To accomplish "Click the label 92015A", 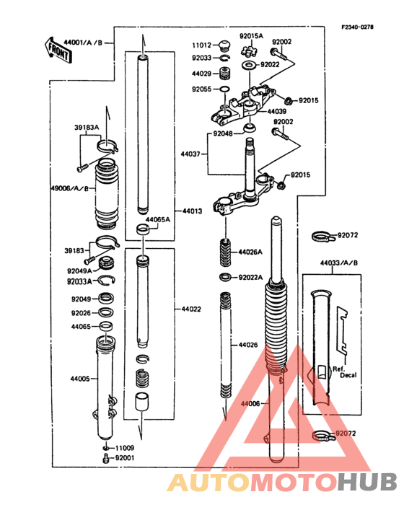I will pos(252,35).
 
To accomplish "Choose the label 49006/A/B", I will pos(69,188).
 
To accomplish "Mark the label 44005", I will pos(79,378).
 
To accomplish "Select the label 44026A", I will pos(250,252).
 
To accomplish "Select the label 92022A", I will pos(250,277).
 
